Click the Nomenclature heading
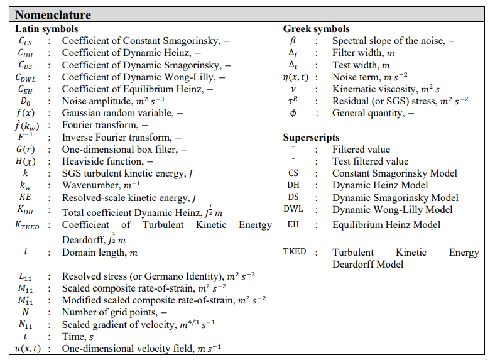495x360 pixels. point(53,14)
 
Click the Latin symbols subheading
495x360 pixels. point(46,29)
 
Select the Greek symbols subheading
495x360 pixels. point(316,29)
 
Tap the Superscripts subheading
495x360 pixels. point(312,138)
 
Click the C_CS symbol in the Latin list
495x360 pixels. point(26,41)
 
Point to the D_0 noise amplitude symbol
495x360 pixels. point(26,101)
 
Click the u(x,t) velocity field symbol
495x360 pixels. point(28,349)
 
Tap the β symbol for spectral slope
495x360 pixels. point(292,41)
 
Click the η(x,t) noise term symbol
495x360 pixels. point(293,77)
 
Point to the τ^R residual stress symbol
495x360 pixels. point(292,101)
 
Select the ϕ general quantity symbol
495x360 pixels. point(292,114)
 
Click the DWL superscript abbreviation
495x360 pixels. point(293,209)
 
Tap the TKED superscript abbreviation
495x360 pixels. point(295,252)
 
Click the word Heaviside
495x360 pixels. point(84,161)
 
